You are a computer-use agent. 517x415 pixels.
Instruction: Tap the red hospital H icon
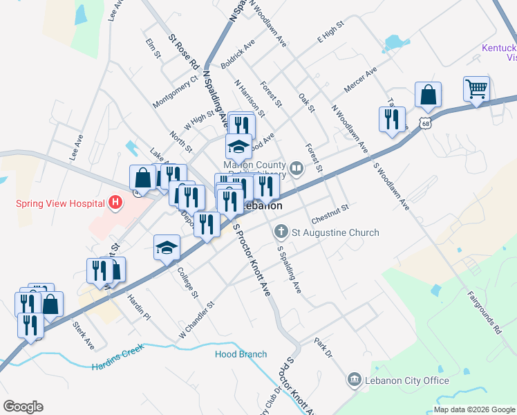(x=115, y=203)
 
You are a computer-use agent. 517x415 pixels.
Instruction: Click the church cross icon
(x=281, y=231)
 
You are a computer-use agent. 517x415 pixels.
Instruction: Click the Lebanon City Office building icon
(x=355, y=380)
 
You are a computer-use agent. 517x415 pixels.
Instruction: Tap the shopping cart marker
(x=476, y=89)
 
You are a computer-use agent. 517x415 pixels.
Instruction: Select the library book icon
(x=297, y=167)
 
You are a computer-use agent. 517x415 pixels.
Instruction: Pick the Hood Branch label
(x=241, y=354)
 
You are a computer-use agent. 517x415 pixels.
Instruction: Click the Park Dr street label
(x=323, y=348)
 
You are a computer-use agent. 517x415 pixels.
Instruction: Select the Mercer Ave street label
(x=360, y=82)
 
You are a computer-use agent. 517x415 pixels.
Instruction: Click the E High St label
(x=330, y=37)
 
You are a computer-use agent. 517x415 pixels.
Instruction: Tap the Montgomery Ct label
(x=176, y=91)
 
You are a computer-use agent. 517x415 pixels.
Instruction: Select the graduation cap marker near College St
(x=166, y=248)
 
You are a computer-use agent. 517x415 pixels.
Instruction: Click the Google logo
(x=23, y=407)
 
